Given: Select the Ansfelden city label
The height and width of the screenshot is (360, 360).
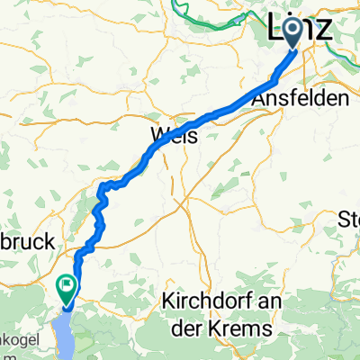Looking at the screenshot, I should pos(306,99).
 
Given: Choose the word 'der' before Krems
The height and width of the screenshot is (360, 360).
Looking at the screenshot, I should pos(193,329).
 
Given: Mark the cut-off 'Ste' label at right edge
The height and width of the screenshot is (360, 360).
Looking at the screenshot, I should pos(348,219).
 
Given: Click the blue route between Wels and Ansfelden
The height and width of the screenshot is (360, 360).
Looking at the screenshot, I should pos(225,111).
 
